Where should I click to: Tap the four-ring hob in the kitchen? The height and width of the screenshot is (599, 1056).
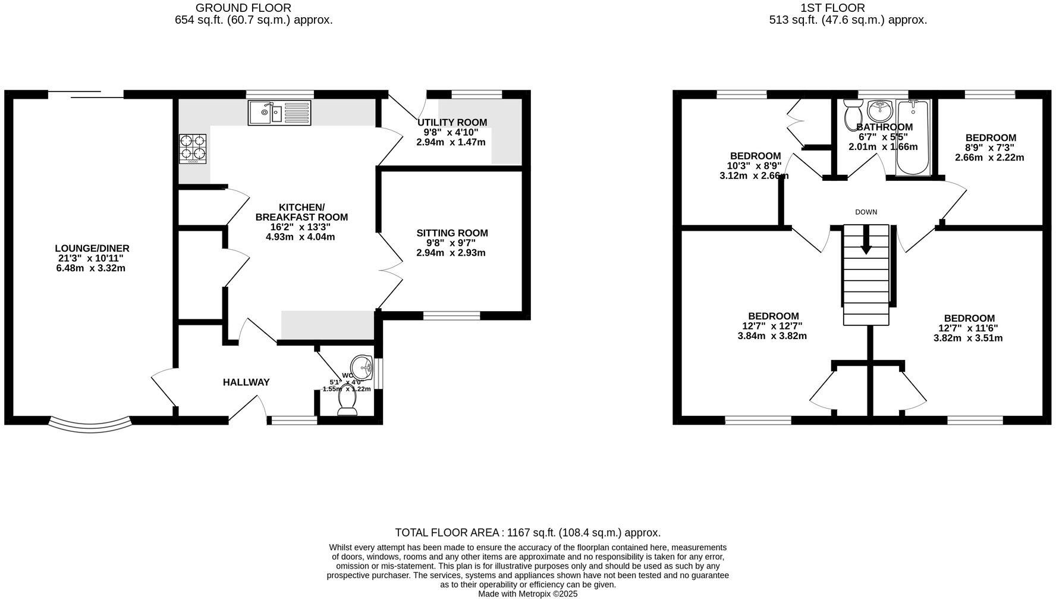pyautogui.click(x=193, y=149)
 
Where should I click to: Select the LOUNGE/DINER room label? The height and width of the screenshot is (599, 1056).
pyautogui.click(x=92, y=249)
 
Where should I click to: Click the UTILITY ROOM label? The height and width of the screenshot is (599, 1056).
pyautogui.click(x=452, y=123)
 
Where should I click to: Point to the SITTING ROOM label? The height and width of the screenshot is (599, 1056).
pyautogui.click(x=452, y=233)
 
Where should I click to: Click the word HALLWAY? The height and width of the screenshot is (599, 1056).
pyautogui.click(x=246, y=382)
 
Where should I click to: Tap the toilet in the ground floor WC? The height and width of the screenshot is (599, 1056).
pyautogui.click(x=347, y=401)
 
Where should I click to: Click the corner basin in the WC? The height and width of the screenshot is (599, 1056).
pyautogui.click(x=362, y=365)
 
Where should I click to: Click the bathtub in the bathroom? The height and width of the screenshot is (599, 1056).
pyautogui.click(x=913, y=138)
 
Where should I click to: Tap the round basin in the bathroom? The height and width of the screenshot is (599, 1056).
pyautogui.click(x=880, y=111)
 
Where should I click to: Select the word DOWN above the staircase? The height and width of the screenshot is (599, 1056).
pyautogui.click(x=866, y=212)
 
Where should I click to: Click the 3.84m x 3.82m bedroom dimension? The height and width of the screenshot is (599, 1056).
pyautogui.click(x=772, y=336)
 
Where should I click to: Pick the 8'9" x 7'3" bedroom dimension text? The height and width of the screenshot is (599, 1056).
pyautogui.click(x=991, y=148)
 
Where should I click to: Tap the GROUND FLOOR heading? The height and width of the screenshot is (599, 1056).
pyautogui.click(x=243, y=8)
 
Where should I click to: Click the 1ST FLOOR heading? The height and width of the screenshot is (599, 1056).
pyautogui.click(x=832, y=8)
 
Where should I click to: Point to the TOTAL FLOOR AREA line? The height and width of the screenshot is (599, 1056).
pyautogui.click(x=528, y=533)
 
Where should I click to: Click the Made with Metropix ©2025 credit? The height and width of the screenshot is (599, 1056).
pyautogui.click(x=528, y=594)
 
